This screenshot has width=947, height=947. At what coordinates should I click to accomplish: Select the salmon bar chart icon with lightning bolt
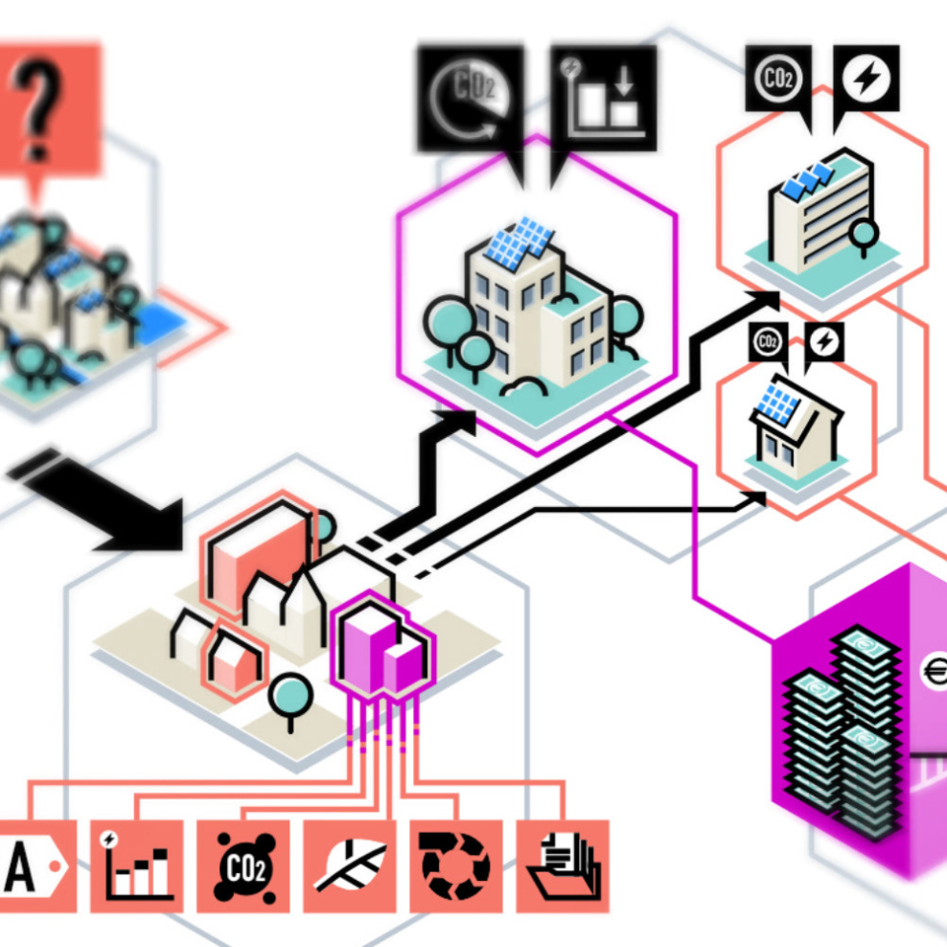[136, 866]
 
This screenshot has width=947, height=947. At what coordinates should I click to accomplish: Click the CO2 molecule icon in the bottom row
[243, 866]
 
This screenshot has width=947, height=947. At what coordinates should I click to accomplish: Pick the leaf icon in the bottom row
[349, 866]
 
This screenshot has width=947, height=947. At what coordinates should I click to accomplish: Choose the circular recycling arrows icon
[456, 866]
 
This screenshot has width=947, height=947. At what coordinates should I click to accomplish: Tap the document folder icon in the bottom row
[562, 866]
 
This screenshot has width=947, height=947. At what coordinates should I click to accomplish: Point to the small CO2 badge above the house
[766, 342]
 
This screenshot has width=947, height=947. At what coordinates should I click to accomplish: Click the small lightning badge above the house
[823, 342]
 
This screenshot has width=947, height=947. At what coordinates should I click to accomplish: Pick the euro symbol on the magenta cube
[935, 673]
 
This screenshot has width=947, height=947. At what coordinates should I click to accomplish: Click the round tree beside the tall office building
[864, 233]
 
